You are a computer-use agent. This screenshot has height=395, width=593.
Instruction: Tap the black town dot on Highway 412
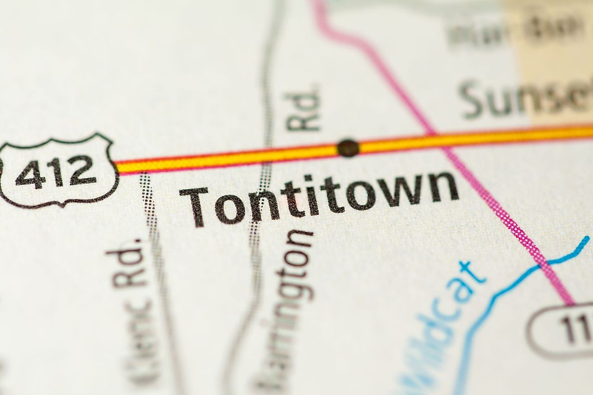coord(348,148)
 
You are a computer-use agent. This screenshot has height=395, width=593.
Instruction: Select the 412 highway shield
coord(58,170)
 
